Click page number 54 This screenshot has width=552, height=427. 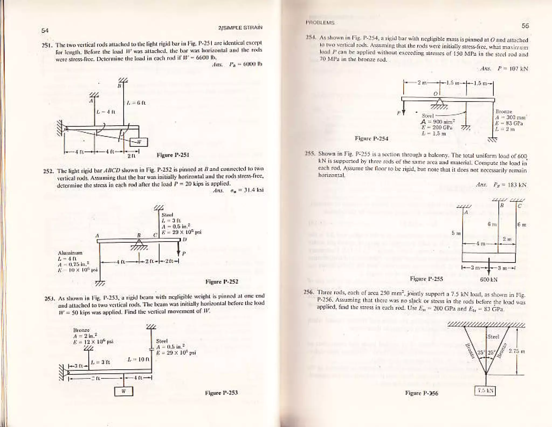click(x=45, y=30)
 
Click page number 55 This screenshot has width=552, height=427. click(x=525, y=26)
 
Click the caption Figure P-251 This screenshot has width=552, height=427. click(x=173, y=155)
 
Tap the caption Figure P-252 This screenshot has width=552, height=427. click(x=222, y=282)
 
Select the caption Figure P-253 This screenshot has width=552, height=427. click(x=221, y=393)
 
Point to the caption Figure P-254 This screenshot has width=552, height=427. click(x=371, y=139)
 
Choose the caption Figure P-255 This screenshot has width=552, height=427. click(x=426, y=279)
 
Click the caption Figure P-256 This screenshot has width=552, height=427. click(x=422, y=393)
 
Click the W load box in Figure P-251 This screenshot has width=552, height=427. click(x=139, y=142)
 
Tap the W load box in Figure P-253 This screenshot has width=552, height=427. click(x=123, y=391)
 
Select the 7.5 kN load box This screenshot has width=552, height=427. click(x=485, y=391)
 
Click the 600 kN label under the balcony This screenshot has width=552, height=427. click(x=489, y=280)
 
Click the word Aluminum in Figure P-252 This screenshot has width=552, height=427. click(x=70, y=253)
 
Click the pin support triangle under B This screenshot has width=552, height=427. click(x=139, y=244)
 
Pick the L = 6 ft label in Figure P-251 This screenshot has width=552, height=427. click(x=136, y=103)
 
